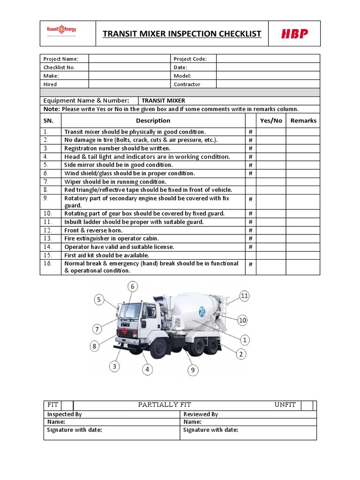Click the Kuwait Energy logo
point(61,31)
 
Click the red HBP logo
point(294,34)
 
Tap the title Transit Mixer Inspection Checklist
point(182,34)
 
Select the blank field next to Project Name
point(129,59)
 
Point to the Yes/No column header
point(271,120)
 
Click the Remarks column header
point(303,120)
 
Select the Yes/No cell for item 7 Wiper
point(271,181)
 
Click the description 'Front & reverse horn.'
point(93,230)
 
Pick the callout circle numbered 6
point(133,286)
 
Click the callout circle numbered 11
point(244,296)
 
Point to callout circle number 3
point(114,367)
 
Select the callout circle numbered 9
point(192,370)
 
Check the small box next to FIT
point(67,405)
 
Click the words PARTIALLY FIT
point(165,405)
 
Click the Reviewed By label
point(201,414)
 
